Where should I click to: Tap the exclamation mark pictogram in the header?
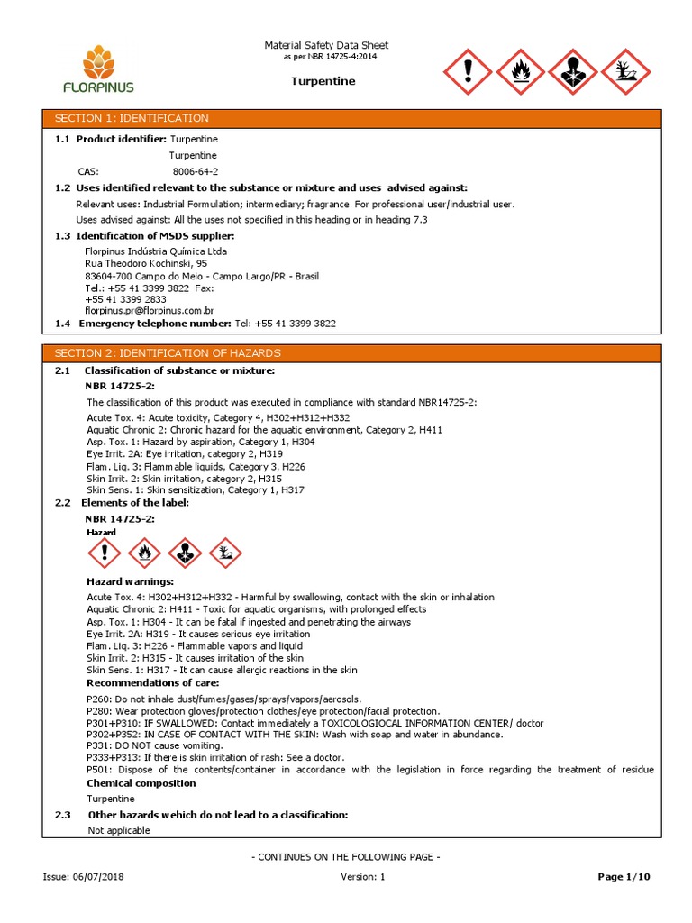click(x=467, y=72)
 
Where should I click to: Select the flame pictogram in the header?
click(x=520, y=72)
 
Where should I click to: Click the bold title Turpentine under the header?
click(x=323, y=81)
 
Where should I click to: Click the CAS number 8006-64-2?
click(x=196, y=171)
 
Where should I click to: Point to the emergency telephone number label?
click(x=155, y=323)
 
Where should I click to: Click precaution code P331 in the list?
click(x=98, y=746)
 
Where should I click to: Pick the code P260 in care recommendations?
click(x=98, y=699)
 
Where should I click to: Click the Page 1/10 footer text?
click(x=624, y=877)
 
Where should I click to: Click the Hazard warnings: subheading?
click(x=130, y=582)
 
